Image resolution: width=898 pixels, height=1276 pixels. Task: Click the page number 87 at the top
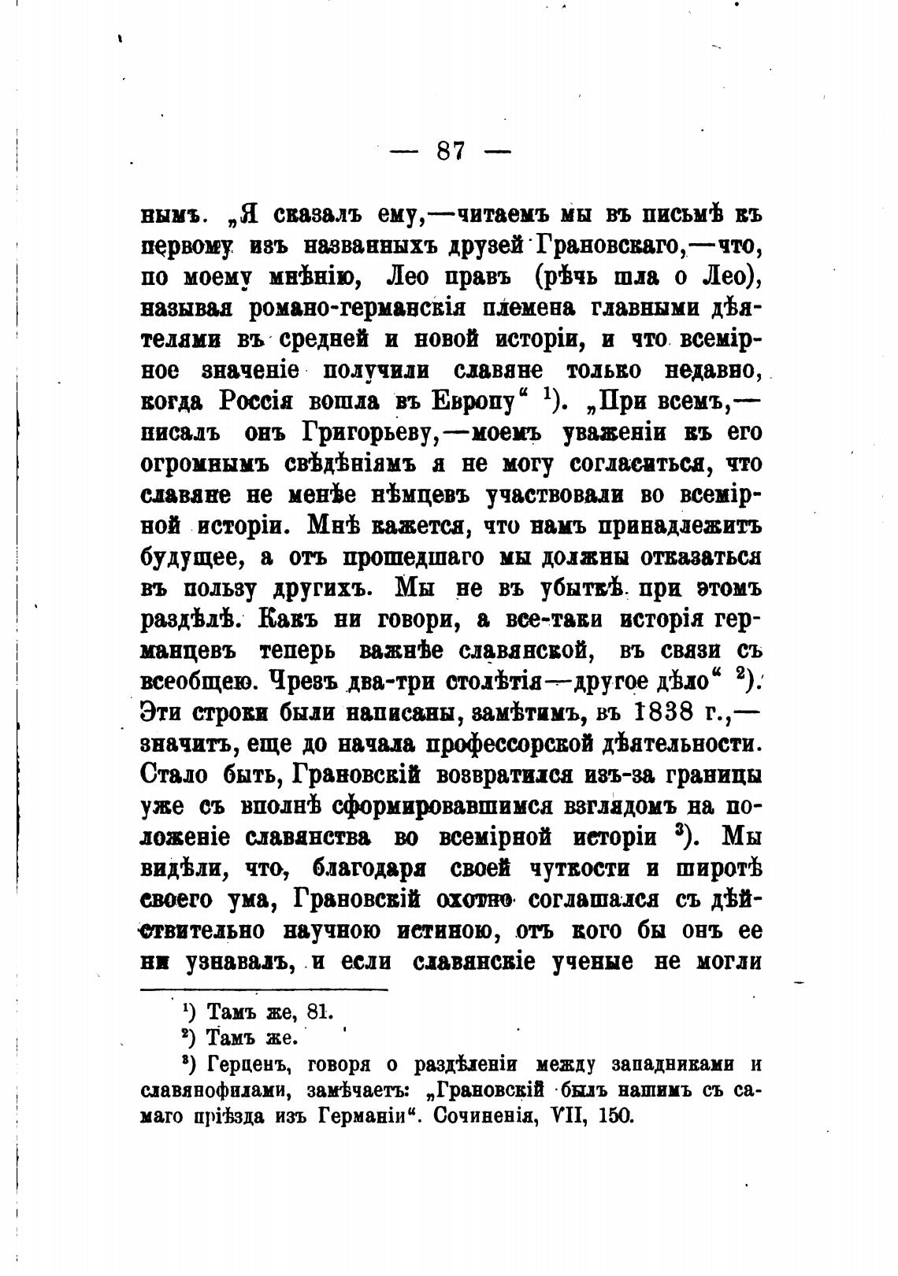click(x=451, y=150)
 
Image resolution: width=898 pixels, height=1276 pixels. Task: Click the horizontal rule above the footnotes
click(x=264, y=989)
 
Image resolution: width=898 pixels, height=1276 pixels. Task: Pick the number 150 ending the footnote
click(x=617, y=1116)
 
